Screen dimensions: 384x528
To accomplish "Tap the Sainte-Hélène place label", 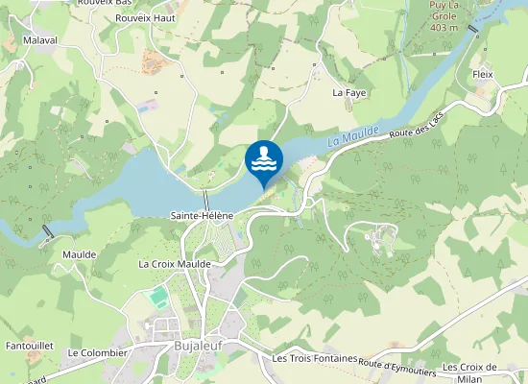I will tap(202, 216).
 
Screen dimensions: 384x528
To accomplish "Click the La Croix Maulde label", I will tap(174, 263).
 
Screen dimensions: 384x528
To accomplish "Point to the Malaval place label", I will tap(39, 42).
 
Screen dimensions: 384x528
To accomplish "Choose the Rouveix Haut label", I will tap(145, 17).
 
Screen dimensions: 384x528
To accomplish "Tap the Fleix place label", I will tap(482, 74).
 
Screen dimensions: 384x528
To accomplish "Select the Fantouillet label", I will tap(29, 344).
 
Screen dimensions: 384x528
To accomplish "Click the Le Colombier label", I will tap(97, 352).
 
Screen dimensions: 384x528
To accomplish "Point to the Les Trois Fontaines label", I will tap(315, 358).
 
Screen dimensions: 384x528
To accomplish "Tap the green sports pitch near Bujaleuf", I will tap(158, 300).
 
